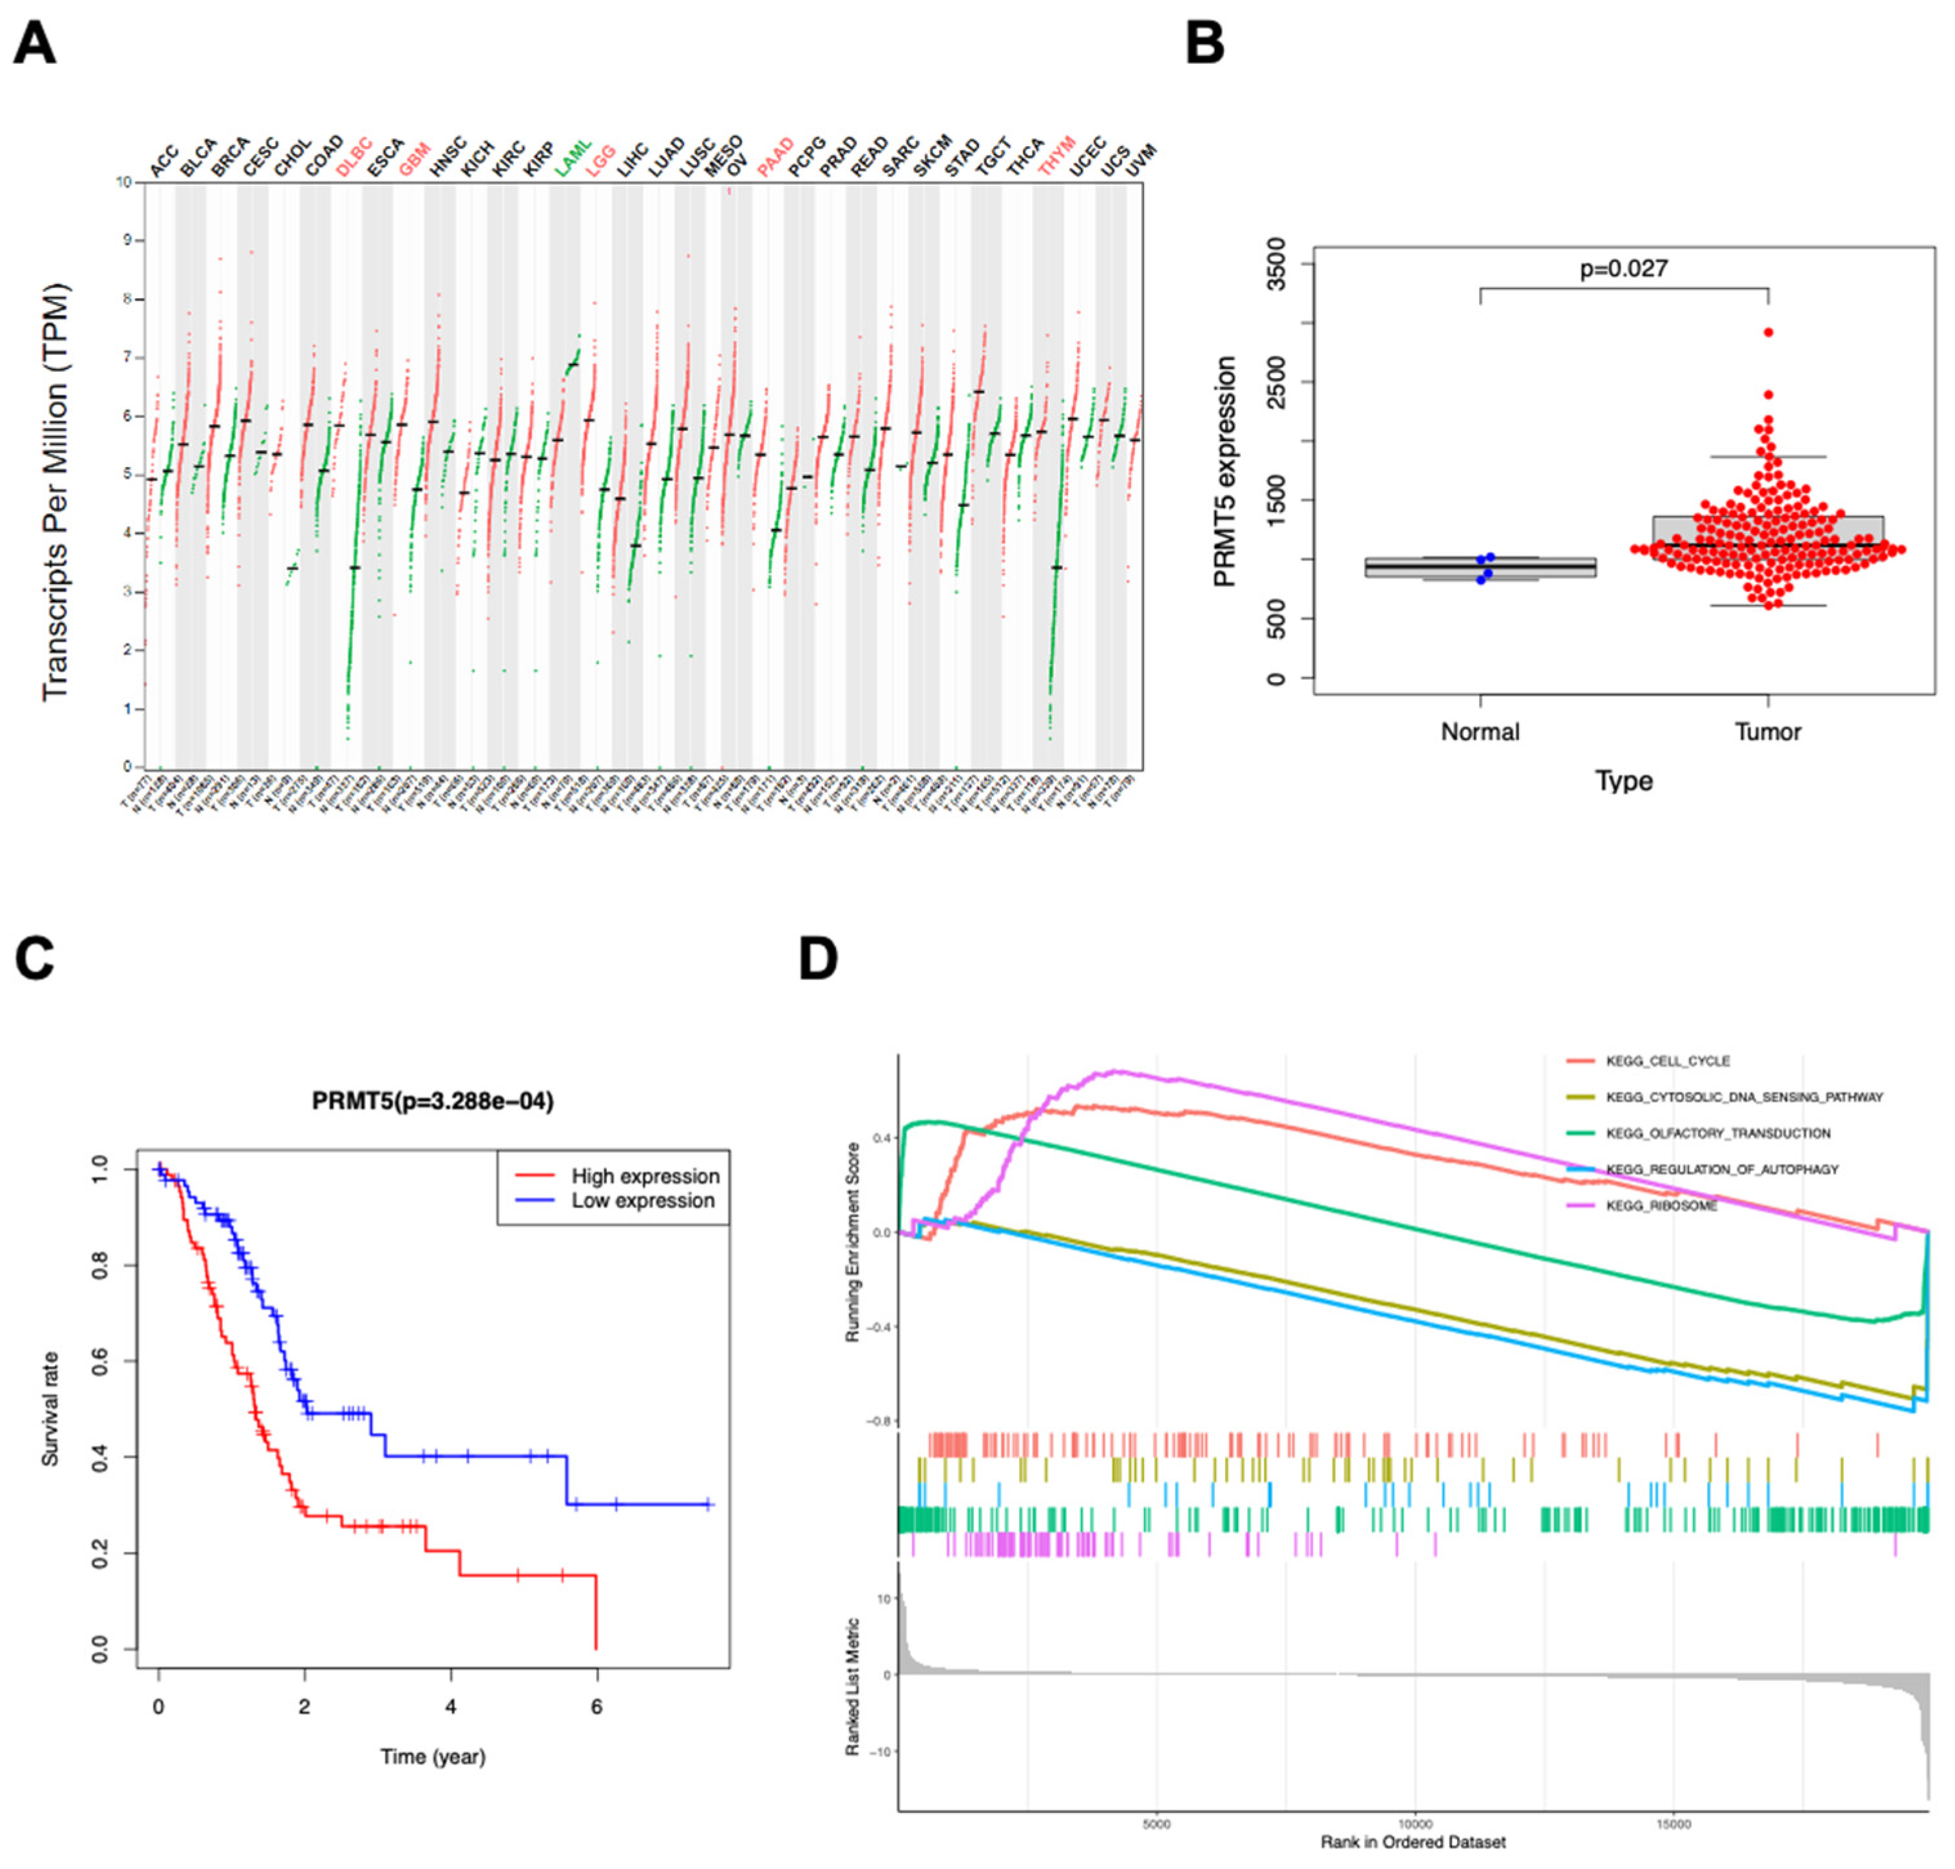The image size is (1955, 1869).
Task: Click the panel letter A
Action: pos(35,46)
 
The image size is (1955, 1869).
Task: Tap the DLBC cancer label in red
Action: pos(353,157)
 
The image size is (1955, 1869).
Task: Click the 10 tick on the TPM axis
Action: pos(124,182)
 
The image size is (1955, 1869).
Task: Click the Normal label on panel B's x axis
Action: pos(1480,732)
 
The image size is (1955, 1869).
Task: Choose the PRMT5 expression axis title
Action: pos(1225,472)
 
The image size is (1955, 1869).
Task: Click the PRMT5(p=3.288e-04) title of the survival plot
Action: pos(432,1101)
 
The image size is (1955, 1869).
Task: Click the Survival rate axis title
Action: pos(50,1409)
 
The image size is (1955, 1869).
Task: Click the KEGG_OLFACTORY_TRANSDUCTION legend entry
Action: pos(1717,1133)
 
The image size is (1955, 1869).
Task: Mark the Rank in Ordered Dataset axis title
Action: pos(1413,1842)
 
